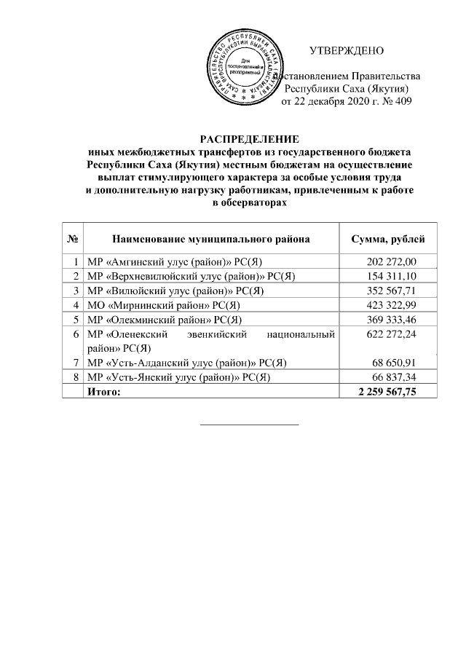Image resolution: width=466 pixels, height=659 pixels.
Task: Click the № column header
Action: click(73, 239)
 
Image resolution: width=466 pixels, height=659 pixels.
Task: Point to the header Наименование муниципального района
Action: click(211, 239)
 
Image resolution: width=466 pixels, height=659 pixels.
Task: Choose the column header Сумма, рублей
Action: click(384, 239)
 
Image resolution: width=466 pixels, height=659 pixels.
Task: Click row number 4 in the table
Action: click(76, 305)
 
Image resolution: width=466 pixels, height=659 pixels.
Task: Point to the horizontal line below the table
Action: click(249, 424)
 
